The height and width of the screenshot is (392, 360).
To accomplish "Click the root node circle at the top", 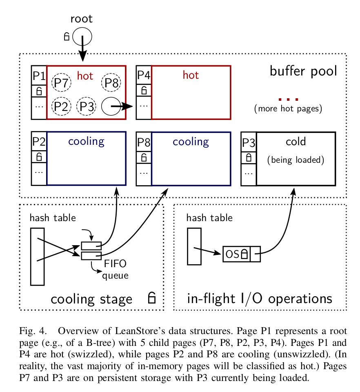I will click(82, 37).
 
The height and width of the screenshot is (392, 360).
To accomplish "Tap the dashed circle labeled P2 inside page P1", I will click(61, 106).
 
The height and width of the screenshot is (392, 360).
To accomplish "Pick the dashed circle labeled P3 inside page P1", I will click(87, 106).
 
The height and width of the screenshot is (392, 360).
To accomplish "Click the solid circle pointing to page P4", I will click(111, 106).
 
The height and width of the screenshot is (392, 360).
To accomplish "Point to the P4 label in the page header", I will click(143, 75).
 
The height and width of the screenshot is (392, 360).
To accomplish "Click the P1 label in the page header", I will click(39, 75).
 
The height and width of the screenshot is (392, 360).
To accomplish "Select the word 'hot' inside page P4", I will click(191, 75).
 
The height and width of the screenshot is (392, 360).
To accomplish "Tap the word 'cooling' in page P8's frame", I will click(191, 142).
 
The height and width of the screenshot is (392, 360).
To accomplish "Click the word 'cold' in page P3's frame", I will click(296, 142).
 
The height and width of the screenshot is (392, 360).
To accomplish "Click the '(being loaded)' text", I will click(296, 159).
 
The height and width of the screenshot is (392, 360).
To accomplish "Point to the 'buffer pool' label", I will click(303, 71).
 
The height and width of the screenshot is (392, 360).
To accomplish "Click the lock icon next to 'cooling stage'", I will click(151, 298).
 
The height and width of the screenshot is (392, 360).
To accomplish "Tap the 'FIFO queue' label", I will click(115, 269).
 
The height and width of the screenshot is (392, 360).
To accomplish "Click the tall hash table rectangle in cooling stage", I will click(38, 256).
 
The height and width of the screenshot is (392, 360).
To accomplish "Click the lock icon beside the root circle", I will click(67, 37).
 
